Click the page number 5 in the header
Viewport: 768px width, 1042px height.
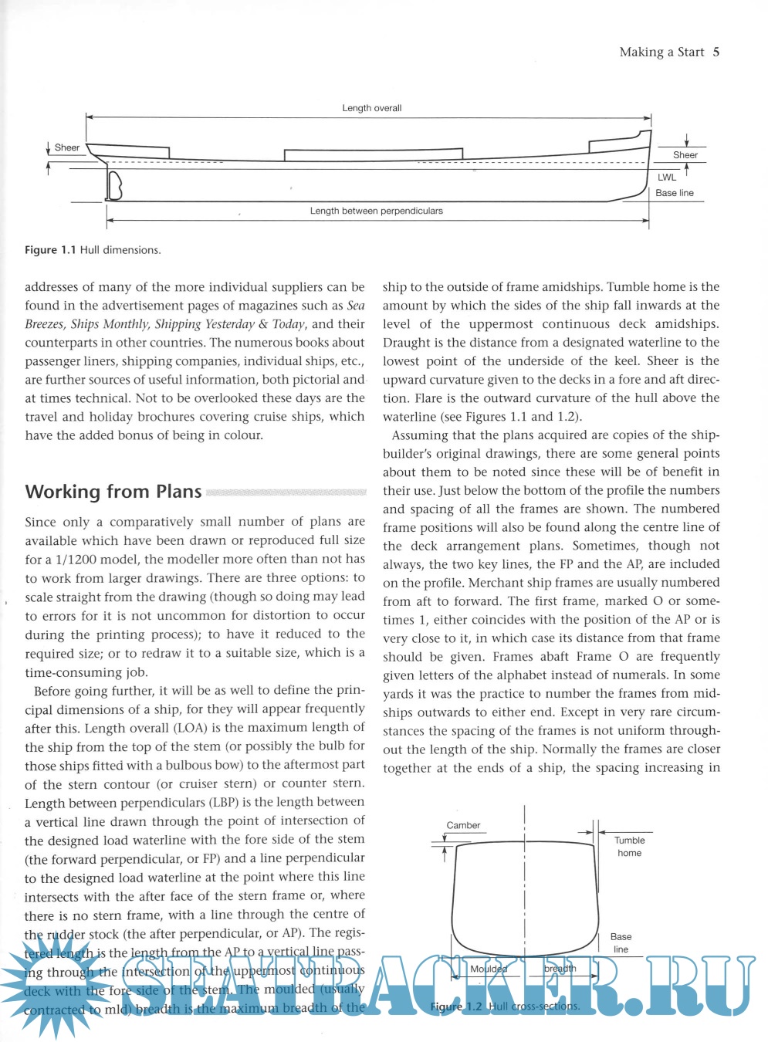(716, 52)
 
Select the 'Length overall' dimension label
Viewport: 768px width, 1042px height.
(372, 108)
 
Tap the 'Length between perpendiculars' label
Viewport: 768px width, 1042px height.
(377, 211)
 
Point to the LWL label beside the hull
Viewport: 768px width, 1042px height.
(667, 178)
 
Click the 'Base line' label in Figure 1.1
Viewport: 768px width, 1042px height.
(675, 193)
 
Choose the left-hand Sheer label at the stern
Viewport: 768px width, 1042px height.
(67, 147)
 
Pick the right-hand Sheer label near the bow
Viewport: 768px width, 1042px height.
(685, 155)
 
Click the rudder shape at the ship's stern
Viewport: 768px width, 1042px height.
(115, 186)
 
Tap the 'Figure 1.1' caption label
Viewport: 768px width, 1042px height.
(50, 250)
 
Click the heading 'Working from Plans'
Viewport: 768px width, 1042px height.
(113, 492)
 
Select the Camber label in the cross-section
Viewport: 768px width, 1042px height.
(463, 825)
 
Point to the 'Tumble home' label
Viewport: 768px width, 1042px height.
(629, 847)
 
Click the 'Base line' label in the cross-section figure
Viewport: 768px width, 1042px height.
(621, 942)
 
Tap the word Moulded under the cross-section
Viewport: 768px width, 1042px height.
(489, 969)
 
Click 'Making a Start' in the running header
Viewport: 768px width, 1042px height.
(661, 52)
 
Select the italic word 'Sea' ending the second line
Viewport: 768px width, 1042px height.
(356, 306)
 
